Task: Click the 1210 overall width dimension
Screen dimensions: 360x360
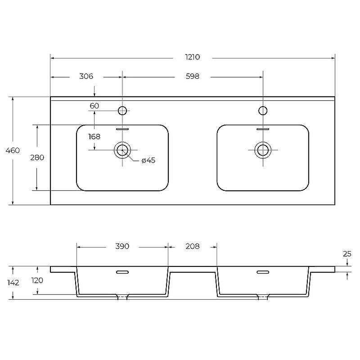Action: click(x=193, y=57)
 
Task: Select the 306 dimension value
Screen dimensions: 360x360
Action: click(x=86, y=76)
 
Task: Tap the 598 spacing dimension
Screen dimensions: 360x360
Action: click(x=193, y=76)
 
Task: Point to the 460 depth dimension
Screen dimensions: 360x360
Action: click(x=13, y=150)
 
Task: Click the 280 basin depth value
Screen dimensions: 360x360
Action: click(x=37, y=157)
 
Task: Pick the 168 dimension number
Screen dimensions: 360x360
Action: click(x=94, y=137)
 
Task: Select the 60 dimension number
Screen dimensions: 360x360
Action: click(x=94, y=106)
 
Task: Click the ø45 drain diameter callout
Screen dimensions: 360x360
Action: click(x=148, y=160)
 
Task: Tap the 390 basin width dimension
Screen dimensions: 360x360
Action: click(x=122, y=246)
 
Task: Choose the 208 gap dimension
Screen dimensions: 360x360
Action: click(x=193, y=246)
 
